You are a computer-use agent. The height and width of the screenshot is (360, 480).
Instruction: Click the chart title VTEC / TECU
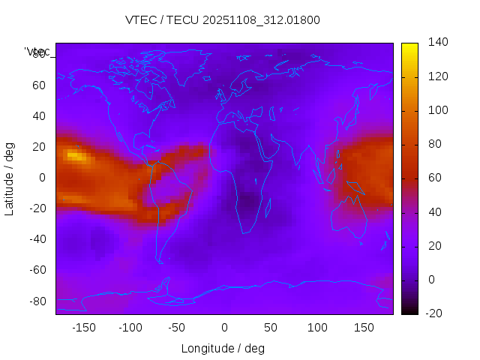click(x=223, y=20)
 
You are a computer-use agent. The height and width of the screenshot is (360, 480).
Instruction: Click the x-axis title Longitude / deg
click(x=223, y=348)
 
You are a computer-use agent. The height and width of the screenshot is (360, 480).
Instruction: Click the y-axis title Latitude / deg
click(x=10, y=178)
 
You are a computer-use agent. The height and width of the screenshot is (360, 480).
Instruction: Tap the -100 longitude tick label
click(x=130, y=328)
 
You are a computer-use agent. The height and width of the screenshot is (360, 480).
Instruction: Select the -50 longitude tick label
click(x=176, y=328)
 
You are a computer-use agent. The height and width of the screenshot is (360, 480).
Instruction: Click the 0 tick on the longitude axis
click(x=224, y=328)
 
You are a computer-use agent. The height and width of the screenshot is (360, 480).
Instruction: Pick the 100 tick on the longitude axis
click(x=317, y=328)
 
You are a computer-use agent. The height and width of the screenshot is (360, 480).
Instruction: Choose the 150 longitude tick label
click(x=364, y=328)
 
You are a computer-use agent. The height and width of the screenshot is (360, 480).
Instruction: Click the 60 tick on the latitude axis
click(x=39, y=85)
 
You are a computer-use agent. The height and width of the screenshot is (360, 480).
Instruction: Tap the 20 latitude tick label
click(x=39, y=146)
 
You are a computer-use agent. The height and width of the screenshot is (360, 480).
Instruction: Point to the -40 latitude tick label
click(x=37, y=239)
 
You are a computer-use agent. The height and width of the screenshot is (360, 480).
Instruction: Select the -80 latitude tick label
click(x=37, y=301)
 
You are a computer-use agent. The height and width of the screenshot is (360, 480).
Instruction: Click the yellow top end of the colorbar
click(x=409, y=46)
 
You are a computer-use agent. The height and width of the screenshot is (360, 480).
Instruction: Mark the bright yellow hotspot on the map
click(x=75, y=155)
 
